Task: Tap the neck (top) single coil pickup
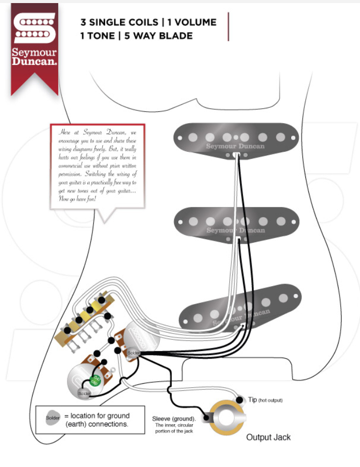[235, 138]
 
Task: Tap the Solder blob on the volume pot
[133, 353]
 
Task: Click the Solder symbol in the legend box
[53, 418]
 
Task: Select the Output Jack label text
[268, 437]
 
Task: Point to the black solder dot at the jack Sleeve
[207, 418]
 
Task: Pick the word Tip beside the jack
[252, 400]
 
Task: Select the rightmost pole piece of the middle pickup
[281, 221]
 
